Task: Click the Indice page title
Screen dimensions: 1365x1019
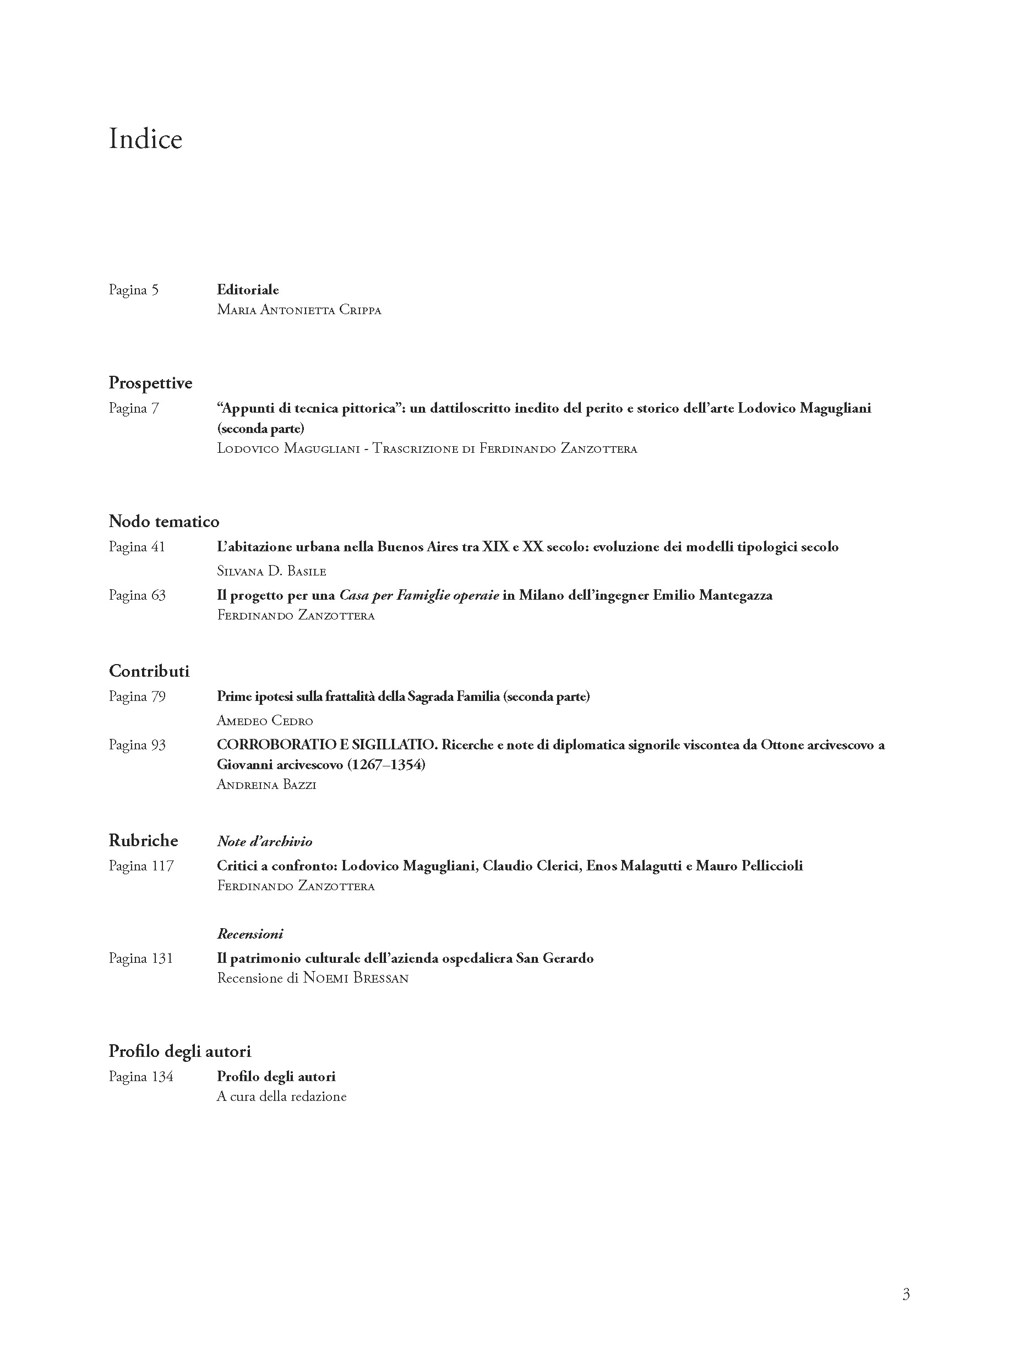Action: coord(145,139)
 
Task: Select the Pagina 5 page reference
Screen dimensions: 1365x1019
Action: coord(134,290)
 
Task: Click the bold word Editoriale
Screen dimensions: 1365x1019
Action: coord(247,290)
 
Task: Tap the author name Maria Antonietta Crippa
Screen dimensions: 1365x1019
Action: coord(298,310)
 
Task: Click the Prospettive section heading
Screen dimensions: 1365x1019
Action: coord(150,383)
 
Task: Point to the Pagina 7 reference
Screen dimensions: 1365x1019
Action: coord(134,408)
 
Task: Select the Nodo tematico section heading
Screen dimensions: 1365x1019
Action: coord(164,522)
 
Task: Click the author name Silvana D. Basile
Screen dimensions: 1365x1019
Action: coord(271,571)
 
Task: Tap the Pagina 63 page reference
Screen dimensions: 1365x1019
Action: coord(137,595)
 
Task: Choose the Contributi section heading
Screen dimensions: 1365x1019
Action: coord(149,671)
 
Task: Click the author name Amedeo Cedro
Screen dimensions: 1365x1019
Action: coord(265,721)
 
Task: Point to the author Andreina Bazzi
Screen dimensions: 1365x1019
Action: coord(266,785)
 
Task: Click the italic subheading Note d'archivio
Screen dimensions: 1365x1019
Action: coord(265,842)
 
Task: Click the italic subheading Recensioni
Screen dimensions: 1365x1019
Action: coord(250,934)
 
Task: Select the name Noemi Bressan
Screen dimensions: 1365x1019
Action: coord(356,978)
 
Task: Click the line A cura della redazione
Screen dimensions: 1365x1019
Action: coord(281,1097)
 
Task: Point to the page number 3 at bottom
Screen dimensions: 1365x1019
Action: coord(906,1294)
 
